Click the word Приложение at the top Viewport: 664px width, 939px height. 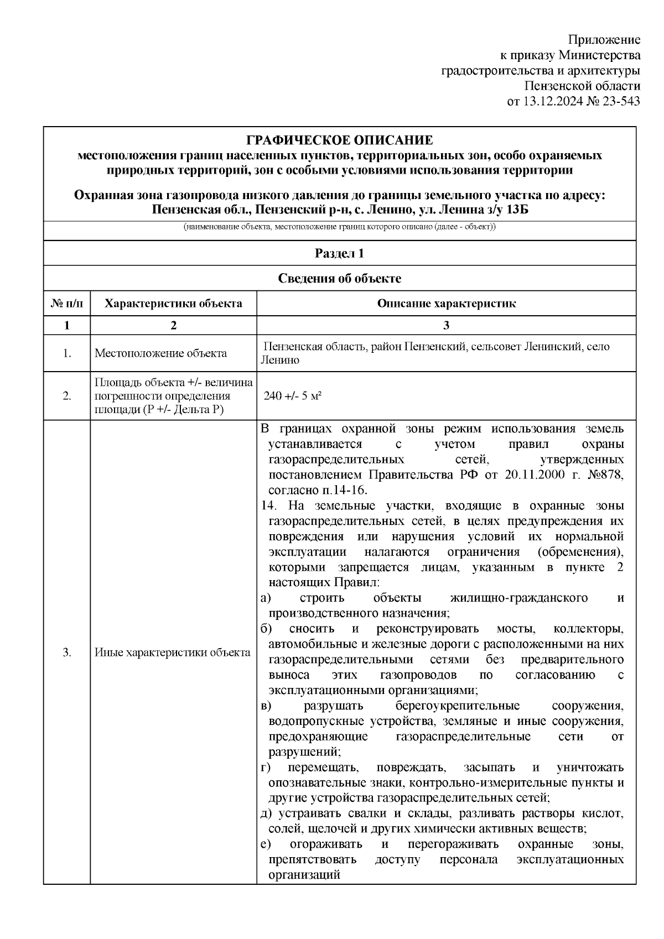605,40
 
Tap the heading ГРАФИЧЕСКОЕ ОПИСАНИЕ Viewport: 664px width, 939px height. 339,140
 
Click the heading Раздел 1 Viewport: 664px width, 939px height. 339,253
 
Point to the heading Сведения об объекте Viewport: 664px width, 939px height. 339,279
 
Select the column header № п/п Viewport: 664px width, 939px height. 67,304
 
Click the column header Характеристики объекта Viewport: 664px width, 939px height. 173,304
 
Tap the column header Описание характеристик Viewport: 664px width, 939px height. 446,304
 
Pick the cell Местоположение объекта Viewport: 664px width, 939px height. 160,353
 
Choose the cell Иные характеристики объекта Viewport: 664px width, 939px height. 172,653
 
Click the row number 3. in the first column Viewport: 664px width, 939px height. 67,653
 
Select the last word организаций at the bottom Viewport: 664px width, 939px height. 303,875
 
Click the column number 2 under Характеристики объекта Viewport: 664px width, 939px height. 173,325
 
